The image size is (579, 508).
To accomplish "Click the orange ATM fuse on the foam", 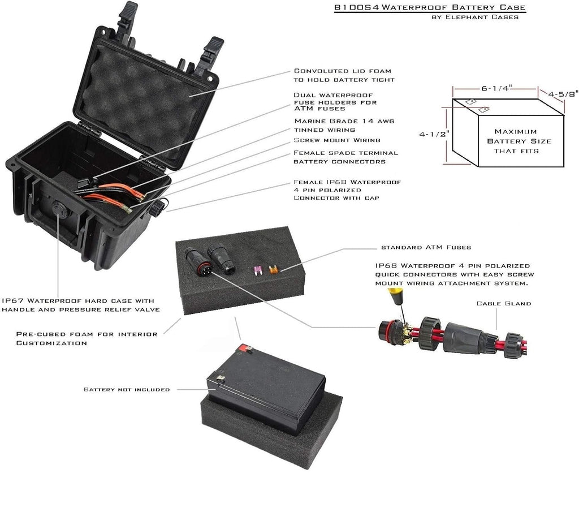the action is (x=273, y=269).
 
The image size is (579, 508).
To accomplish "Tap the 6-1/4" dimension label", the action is (x=496, y=88).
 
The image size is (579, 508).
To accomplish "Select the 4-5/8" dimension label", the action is (x=563, y=94).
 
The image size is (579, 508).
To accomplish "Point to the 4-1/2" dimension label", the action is (x=434, y=134).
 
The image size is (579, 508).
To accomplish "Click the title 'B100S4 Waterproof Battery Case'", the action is (x=430, y=7).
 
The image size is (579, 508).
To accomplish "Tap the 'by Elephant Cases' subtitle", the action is (x=475, y=17).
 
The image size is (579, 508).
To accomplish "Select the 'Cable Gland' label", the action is (x=504, y=303).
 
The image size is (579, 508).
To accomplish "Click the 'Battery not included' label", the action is (x=127, y=389).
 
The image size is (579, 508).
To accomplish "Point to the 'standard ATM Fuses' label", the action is (x=426, y=247).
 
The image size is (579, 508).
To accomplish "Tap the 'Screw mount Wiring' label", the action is (x=337, y=140).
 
